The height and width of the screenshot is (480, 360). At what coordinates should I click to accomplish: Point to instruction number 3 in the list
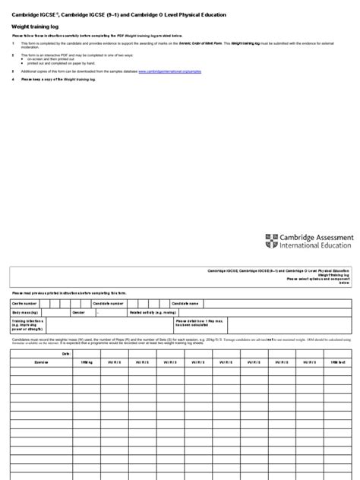coord(13,70)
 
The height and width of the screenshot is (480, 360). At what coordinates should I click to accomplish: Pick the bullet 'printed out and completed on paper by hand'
coord(61,63)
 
